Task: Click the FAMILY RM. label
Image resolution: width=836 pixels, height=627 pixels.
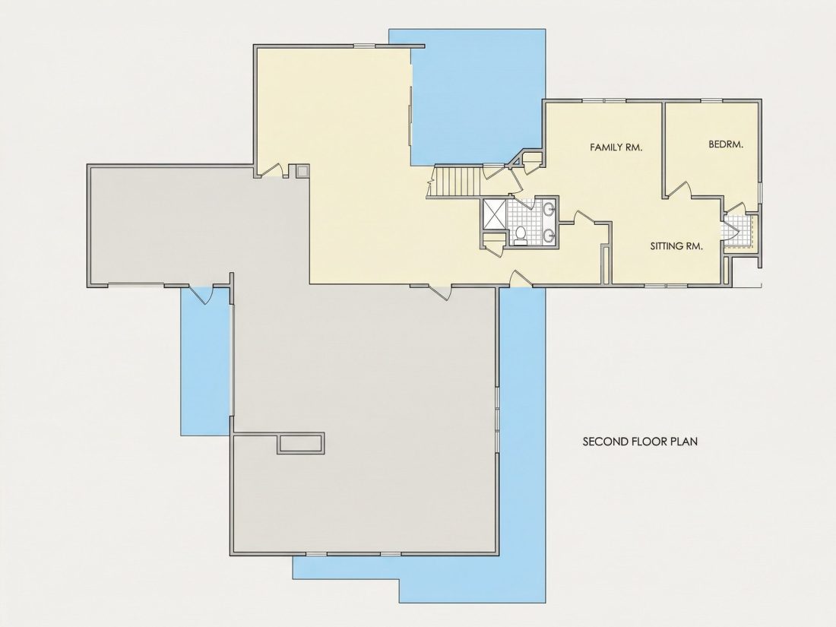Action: [x=616, y=147]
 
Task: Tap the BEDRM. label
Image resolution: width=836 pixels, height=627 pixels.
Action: [x=726, y=144]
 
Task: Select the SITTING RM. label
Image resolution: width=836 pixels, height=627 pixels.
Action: [x=676, y=245]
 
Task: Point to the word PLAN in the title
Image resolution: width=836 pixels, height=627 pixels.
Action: [x=684, y=442]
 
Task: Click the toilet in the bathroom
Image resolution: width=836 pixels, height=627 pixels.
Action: [x=521, y=235]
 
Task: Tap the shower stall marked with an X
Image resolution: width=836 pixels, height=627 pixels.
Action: [x=495, y=214]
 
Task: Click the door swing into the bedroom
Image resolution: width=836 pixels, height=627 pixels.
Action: [x=679, y=190]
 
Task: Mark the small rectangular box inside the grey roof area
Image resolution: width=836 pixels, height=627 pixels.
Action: [x=300, y=444]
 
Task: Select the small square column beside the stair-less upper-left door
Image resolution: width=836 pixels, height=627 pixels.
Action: [x=302, y=170]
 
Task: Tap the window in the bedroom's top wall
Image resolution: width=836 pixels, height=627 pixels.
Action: [x=711, y=100]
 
